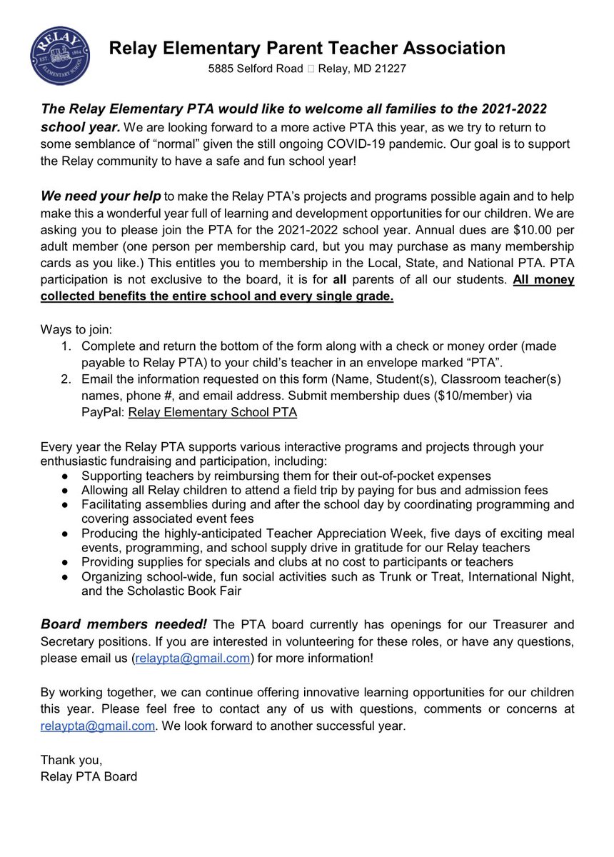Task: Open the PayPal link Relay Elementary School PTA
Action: tap(213, 412)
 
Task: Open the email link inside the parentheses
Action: tap(191, 658)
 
